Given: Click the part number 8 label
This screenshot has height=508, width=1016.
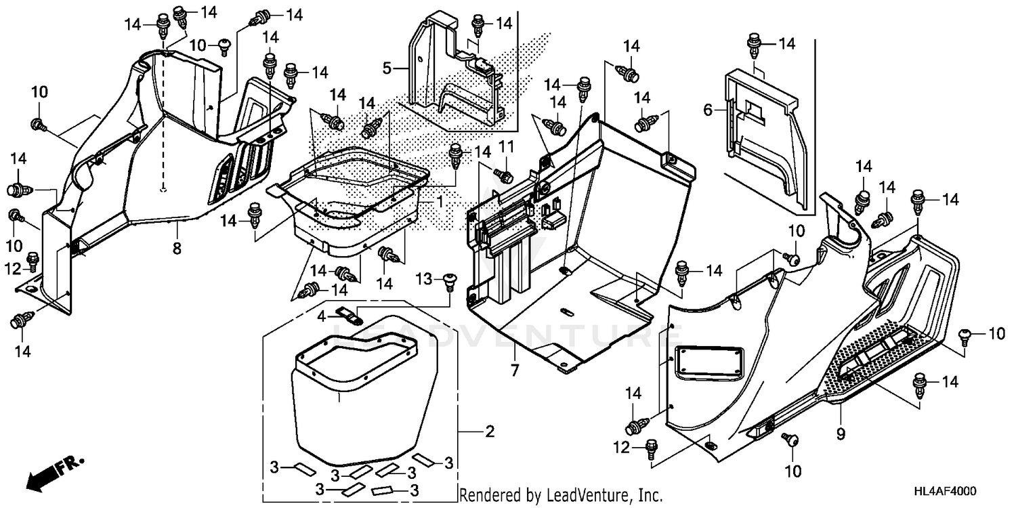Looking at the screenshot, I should tap(177, 249).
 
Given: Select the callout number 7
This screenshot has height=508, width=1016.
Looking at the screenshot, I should tap(514, 371).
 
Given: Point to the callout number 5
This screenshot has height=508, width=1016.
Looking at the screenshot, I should tap(387, 68).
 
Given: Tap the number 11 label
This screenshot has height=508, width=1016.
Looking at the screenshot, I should tap(507, 146).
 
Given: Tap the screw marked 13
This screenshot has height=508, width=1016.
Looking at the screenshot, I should tap(448, 281).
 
